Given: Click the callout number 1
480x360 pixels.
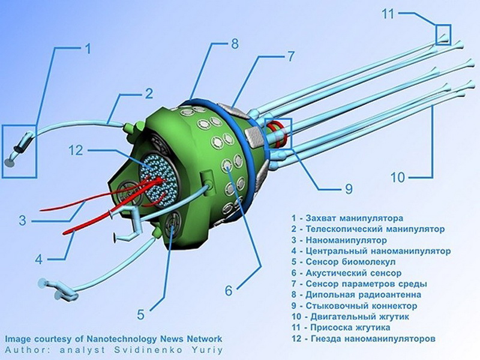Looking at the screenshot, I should (x=88, y=49).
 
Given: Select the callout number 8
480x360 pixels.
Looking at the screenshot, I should (x=235, y=43).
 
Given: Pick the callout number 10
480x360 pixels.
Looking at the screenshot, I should (x=397, y=177).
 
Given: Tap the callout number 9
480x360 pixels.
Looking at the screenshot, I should (x=348, y=188).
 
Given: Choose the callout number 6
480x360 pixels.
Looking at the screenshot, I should (x=228, y=290).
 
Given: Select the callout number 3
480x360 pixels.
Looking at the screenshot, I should (x=22, y=220).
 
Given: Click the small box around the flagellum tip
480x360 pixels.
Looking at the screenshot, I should (x=442, y=34).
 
